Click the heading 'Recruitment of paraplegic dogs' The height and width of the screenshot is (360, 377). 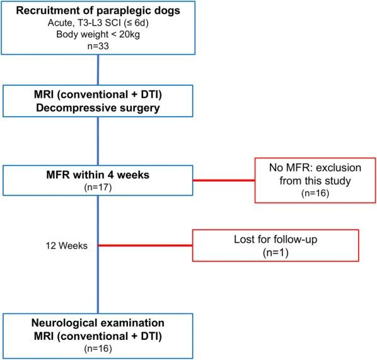(98, 11)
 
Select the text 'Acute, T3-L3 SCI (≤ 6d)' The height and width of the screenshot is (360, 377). (98, 24)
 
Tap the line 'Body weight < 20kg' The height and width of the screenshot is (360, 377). (98, 35)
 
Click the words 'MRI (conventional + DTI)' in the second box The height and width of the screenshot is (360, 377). (98, 96)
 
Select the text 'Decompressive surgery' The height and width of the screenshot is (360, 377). (98, 109)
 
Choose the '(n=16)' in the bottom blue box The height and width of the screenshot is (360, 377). (98, 347)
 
